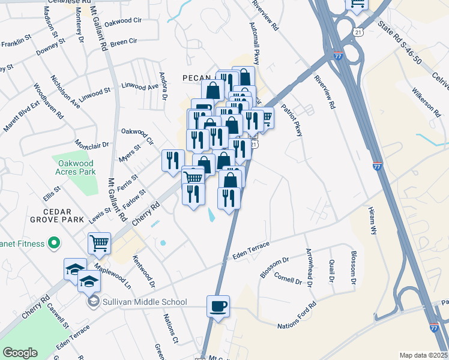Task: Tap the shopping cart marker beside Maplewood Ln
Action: point(99,243)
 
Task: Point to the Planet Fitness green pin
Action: point(54,243)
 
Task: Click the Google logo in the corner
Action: point(20,353)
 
